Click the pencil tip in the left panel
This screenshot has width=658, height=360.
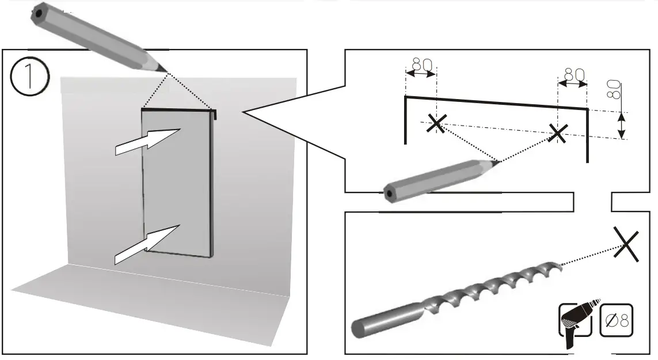[166, 71]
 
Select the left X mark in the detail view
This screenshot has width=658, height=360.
[437, 122]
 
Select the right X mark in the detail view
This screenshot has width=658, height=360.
[557, 133]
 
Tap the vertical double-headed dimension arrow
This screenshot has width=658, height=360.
[621, 125]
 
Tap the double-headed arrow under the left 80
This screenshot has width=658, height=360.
[421, 74]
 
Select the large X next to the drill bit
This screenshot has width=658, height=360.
[626, 243]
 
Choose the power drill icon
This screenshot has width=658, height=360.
[577, 323]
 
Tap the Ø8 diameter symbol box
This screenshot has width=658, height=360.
[616, 320]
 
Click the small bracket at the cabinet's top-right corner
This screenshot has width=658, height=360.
[215, 114]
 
